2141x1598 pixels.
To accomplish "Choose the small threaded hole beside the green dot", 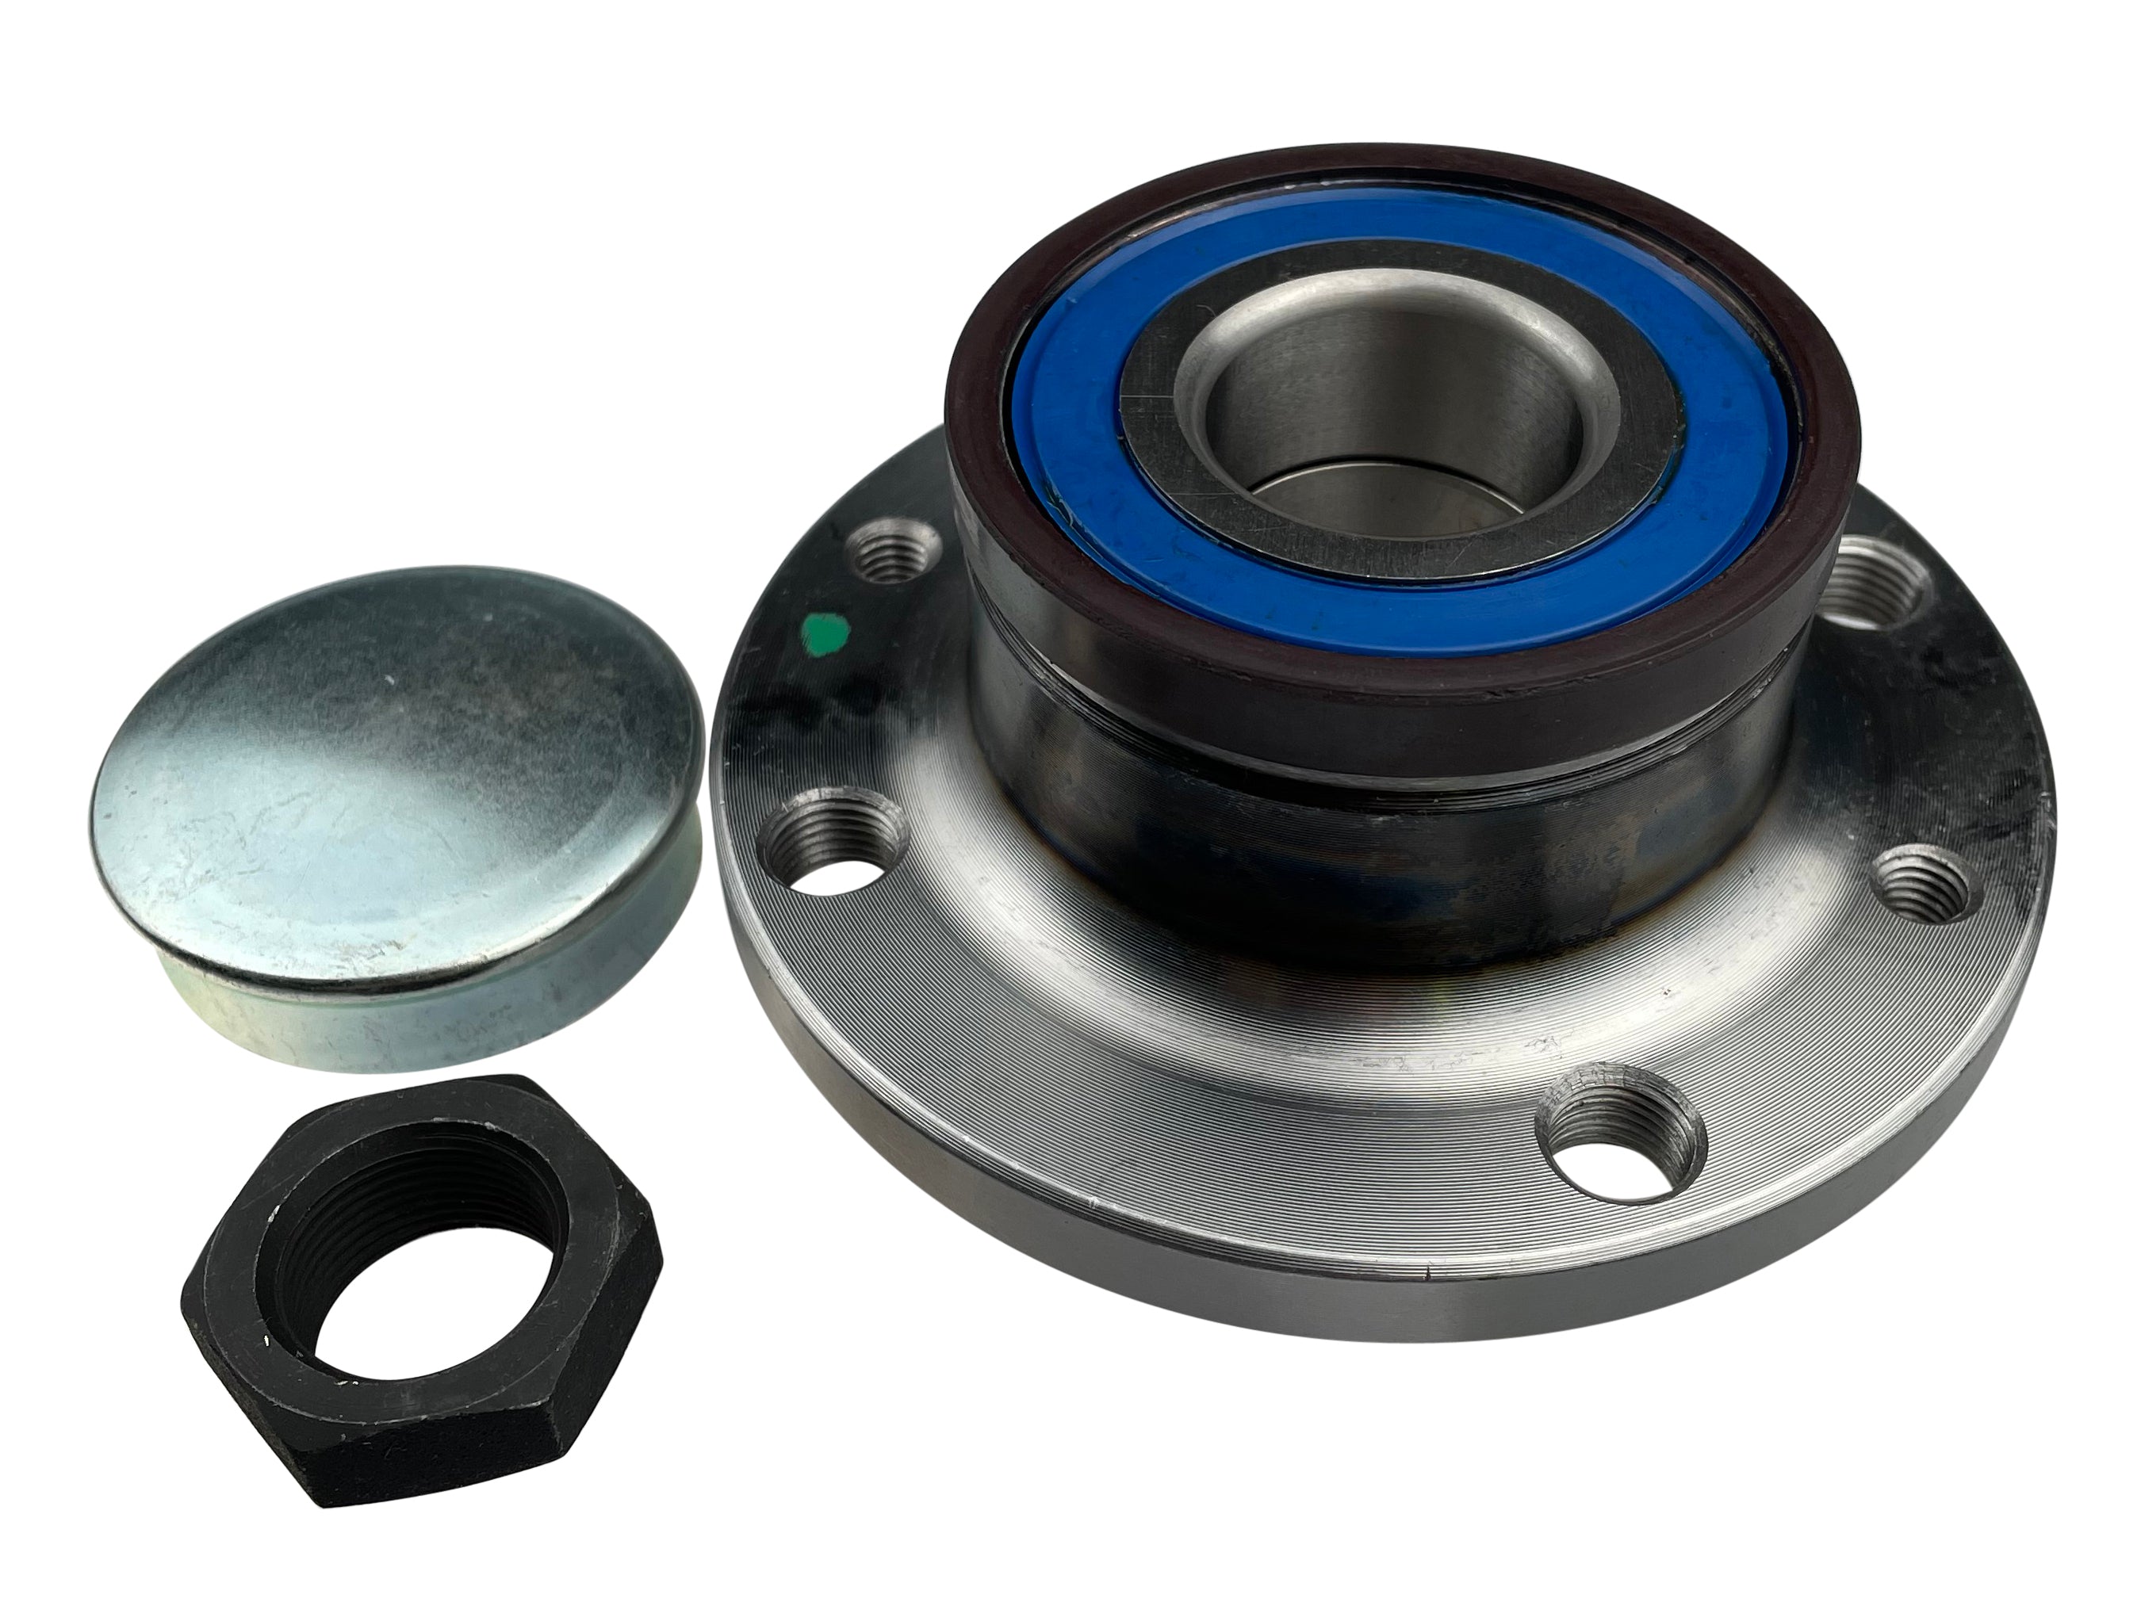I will click(x=892, y=556).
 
